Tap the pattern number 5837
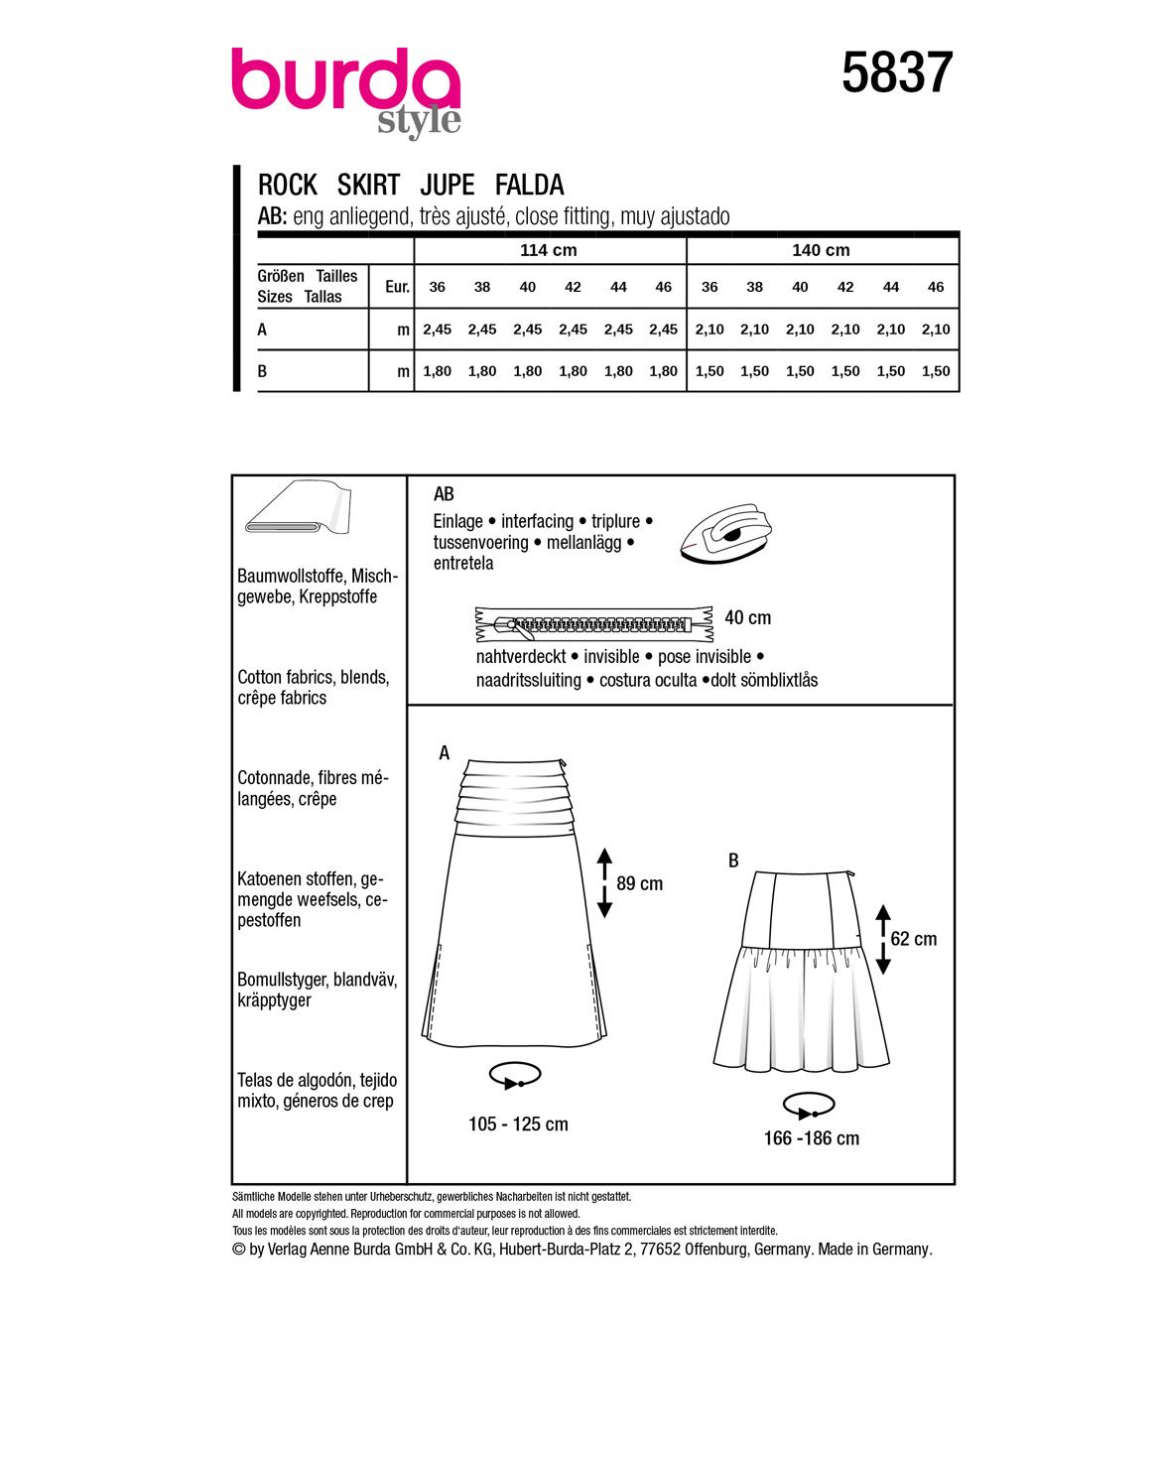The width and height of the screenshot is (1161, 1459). click(x=897, y=73)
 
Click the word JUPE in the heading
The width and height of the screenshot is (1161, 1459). click(x=448, y=185)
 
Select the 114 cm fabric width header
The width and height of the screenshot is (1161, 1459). click(x=549, y=250)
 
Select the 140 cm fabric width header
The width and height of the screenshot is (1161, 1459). click(x=821, y=250)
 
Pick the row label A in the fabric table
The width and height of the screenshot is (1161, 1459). click(x=263, y=330)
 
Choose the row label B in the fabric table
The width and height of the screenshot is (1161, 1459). click(x=263, y=371)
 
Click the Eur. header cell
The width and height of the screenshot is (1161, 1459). click(x=397, y=287)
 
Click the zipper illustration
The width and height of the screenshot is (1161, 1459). click(x=594, y=624)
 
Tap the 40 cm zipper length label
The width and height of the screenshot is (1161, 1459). click(x=747, y=617)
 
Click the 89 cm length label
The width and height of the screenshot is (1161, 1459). click(x=639, y=883)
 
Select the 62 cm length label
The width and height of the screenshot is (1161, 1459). click(x=913, y=939)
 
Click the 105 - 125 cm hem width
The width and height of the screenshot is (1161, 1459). click(x=518, y=1125)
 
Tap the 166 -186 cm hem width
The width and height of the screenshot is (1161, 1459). click(x=811, y=1138)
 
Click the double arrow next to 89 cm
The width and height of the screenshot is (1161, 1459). click(x=604, y=882)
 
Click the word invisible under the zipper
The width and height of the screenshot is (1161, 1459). click(x=611, y=657)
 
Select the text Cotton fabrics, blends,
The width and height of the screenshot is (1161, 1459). click(x=314, y=677)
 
